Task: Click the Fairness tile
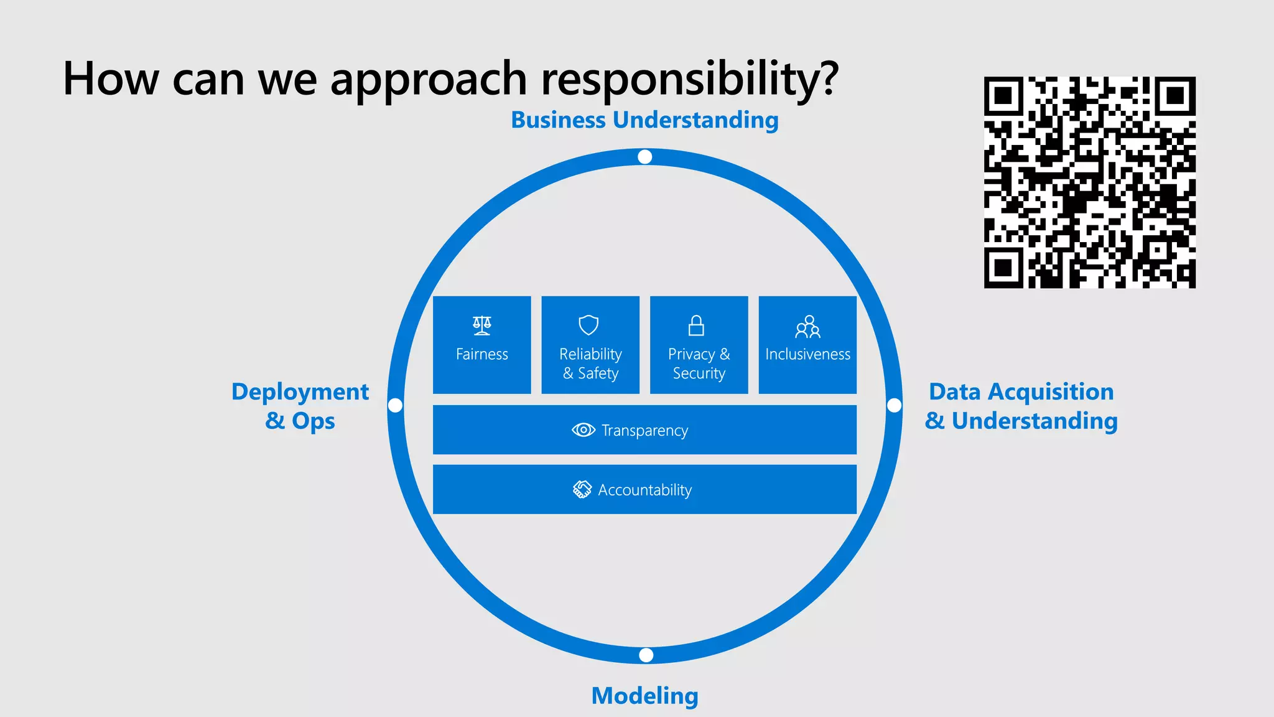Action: (481, 345)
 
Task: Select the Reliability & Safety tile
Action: (590, 345)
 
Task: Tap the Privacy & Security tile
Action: (699, 345)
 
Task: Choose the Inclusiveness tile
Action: (807, 345)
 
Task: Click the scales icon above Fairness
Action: (481, 325)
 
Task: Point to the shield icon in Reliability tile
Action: (588, 325)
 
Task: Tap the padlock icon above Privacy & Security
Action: (696, 325)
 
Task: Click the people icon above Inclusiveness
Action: (807, 326)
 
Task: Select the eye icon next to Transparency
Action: (583, 430)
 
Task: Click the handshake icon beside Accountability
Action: (582, 490)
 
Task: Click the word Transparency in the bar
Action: (644, 431)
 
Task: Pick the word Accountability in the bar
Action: (644, 490)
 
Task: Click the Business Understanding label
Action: (644, 120)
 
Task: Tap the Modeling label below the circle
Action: (644, 695)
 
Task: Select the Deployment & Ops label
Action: (300, 406)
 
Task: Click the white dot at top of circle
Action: (645, 157)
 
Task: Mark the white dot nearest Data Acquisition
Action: (894, 406)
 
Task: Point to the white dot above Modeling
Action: (646, 655)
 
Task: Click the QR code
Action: (1089, 182)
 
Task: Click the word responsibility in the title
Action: (689, 80)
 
